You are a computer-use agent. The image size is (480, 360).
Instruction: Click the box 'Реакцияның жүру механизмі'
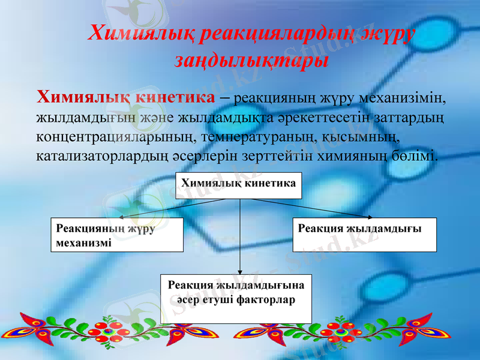[116, 235]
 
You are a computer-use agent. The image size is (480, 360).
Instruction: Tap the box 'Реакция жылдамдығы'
[364, 234]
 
